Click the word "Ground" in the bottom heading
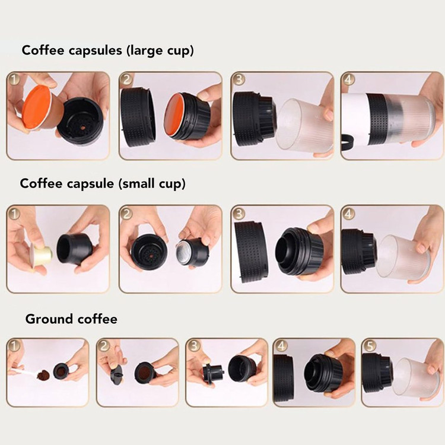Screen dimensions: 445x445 [49, 320]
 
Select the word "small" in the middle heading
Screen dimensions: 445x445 [137, 183]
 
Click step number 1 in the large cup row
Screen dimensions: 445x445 [14, 80]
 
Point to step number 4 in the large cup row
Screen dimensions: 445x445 [348, 80]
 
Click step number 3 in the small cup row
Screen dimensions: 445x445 [239, 214]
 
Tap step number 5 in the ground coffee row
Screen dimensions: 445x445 [370, 346]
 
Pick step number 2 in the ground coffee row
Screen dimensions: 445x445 [104, 346]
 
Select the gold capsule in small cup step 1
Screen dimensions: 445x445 [42, 254]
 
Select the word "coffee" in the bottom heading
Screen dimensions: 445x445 [97, 320]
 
